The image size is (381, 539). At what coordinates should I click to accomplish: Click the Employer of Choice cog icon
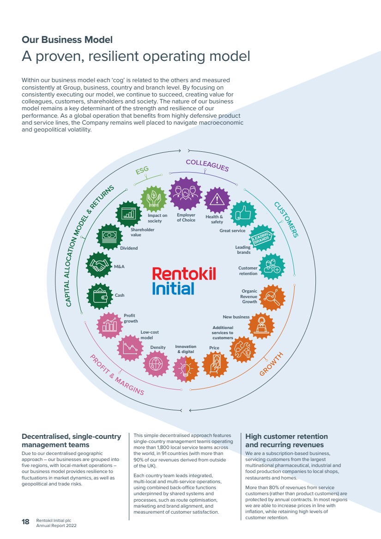point(185,194)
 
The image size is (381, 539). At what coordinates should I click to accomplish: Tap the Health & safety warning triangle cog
point(217,200)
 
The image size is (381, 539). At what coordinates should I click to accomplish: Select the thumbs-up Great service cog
point(243,214)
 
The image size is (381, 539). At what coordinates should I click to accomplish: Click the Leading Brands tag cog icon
point(262,238)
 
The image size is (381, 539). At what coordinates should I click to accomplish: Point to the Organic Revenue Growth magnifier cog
point(272,298)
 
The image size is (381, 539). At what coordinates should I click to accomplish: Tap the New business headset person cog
point(261,325)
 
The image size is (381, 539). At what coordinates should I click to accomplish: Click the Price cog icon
point(215,364)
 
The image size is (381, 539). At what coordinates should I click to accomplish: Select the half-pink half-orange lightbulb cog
point(186,369)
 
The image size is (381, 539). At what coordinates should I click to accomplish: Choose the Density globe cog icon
point(156,364)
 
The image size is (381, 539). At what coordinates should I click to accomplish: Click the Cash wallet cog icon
point(100,296)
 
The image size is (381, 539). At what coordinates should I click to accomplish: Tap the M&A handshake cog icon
point(99,265)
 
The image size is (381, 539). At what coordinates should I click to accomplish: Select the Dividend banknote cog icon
point(110,236)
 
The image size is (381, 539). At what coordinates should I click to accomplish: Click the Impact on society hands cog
point(154,199)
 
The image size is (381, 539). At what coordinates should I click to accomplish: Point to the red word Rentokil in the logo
point(184,274)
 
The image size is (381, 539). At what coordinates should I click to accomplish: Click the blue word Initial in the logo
point(173,288)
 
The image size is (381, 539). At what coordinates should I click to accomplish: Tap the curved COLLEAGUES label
point(207,165)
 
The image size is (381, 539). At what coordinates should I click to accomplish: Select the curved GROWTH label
point(271,364)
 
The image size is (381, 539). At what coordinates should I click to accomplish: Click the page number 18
point(25,522)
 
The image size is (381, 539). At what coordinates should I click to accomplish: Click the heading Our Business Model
point(67,40)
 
